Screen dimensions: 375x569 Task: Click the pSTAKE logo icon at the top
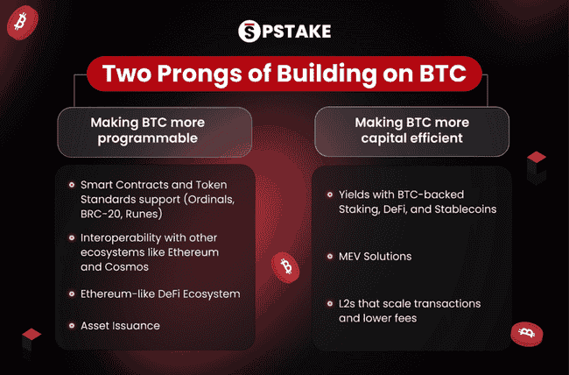tap(249, 32)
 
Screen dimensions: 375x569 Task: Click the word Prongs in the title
tap(198, 73)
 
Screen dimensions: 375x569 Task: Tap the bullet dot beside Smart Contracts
tap(70, 185)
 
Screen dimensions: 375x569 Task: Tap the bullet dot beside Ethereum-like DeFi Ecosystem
tap(70, 294)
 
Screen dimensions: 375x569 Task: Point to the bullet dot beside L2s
tap(327, 302)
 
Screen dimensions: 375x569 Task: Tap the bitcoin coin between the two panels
tap(284, 265)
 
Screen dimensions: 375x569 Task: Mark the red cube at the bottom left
tap(32, 339)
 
